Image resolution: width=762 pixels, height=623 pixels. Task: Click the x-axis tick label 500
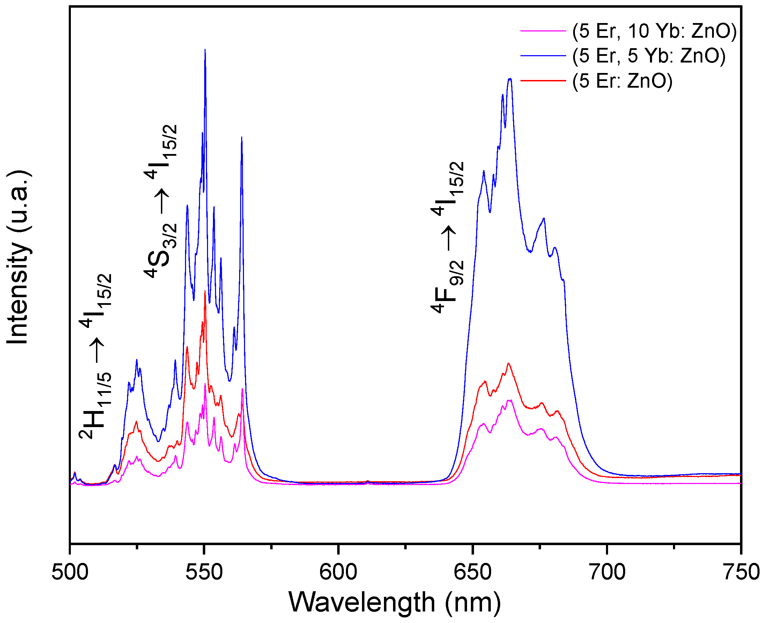70,572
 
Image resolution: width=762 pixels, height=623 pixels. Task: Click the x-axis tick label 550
204,572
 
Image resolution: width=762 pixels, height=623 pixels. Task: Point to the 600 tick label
338,572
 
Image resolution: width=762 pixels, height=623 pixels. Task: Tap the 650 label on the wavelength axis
473,572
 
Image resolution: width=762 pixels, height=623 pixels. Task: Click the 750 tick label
740,572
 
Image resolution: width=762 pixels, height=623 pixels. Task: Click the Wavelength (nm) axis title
395,603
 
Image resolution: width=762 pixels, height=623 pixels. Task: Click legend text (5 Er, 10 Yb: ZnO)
654,31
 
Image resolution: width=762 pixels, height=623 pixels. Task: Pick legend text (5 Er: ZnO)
622,81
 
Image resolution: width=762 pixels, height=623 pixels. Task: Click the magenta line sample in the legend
543,31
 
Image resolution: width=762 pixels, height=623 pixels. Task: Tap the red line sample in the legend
543,81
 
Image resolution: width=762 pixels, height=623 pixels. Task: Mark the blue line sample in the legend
543,56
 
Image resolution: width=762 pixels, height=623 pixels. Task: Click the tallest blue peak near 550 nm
205,50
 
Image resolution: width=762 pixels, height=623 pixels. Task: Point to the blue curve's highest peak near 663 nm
510,79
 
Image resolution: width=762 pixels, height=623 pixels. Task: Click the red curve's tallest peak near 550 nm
205,291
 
